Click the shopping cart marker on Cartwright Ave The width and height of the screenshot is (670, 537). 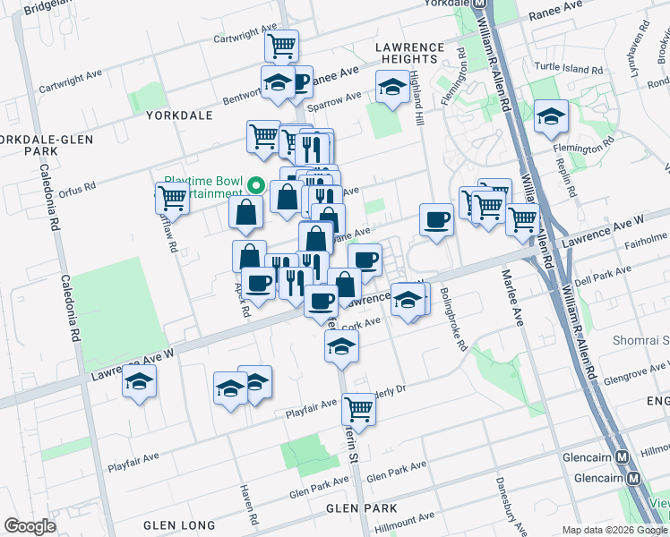point(282,44)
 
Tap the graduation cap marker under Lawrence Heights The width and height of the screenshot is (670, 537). point(391,88)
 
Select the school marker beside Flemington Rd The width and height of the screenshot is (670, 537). point(551,116)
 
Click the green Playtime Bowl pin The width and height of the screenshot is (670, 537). point(255,186)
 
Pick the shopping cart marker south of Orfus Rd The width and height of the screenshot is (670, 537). point(171,198)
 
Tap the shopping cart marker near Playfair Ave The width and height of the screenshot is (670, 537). point(358,408)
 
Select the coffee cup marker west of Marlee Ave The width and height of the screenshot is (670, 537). point(437,219)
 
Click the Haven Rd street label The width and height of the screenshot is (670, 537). point(252,507)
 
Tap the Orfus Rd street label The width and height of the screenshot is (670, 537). point(77,187)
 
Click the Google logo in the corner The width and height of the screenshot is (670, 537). point(30,526)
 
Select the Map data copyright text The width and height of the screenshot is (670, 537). point(614,530)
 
